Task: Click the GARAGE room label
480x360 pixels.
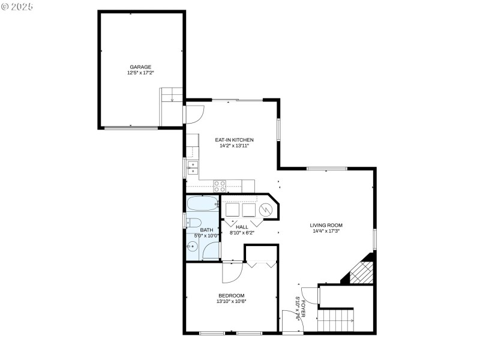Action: click(140, 67)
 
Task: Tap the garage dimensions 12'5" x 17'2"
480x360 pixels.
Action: click(140, 73)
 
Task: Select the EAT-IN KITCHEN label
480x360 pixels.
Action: click(230, 140)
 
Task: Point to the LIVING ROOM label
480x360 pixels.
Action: click(326, 225)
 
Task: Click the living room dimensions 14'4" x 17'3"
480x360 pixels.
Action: click(326, 231)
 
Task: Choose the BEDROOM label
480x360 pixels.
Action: click(231, 295)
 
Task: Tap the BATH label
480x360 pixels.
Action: click(206, 230)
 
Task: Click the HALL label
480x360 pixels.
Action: click(242, 227)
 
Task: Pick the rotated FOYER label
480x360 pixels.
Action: click(303, 304)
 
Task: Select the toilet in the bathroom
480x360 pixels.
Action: click(193, 223)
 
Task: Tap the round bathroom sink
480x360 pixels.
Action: click(193, 246)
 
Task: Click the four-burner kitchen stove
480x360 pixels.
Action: click(220, 185)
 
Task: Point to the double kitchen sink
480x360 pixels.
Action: click(192, 167)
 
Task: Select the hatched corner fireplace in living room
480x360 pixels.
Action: click(361, 271)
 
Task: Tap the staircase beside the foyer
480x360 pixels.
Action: click(335, 319)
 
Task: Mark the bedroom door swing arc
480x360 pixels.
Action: click(230, 273)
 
